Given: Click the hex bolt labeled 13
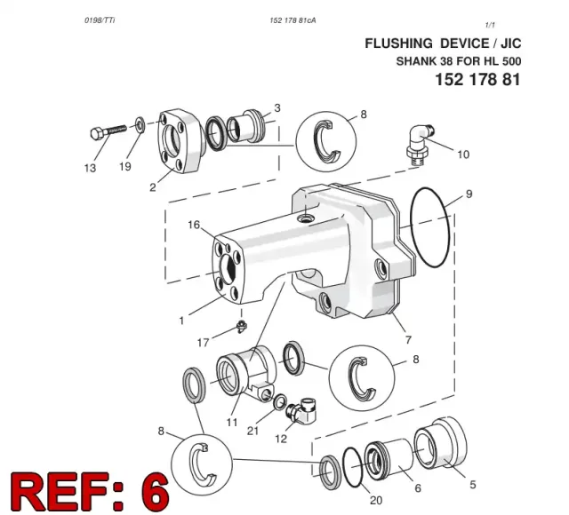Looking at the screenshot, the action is coord(108,132).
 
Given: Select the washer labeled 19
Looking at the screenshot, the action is coord(140,124).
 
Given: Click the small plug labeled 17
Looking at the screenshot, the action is coord(241,326).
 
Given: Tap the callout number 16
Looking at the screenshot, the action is coord(194,225).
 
